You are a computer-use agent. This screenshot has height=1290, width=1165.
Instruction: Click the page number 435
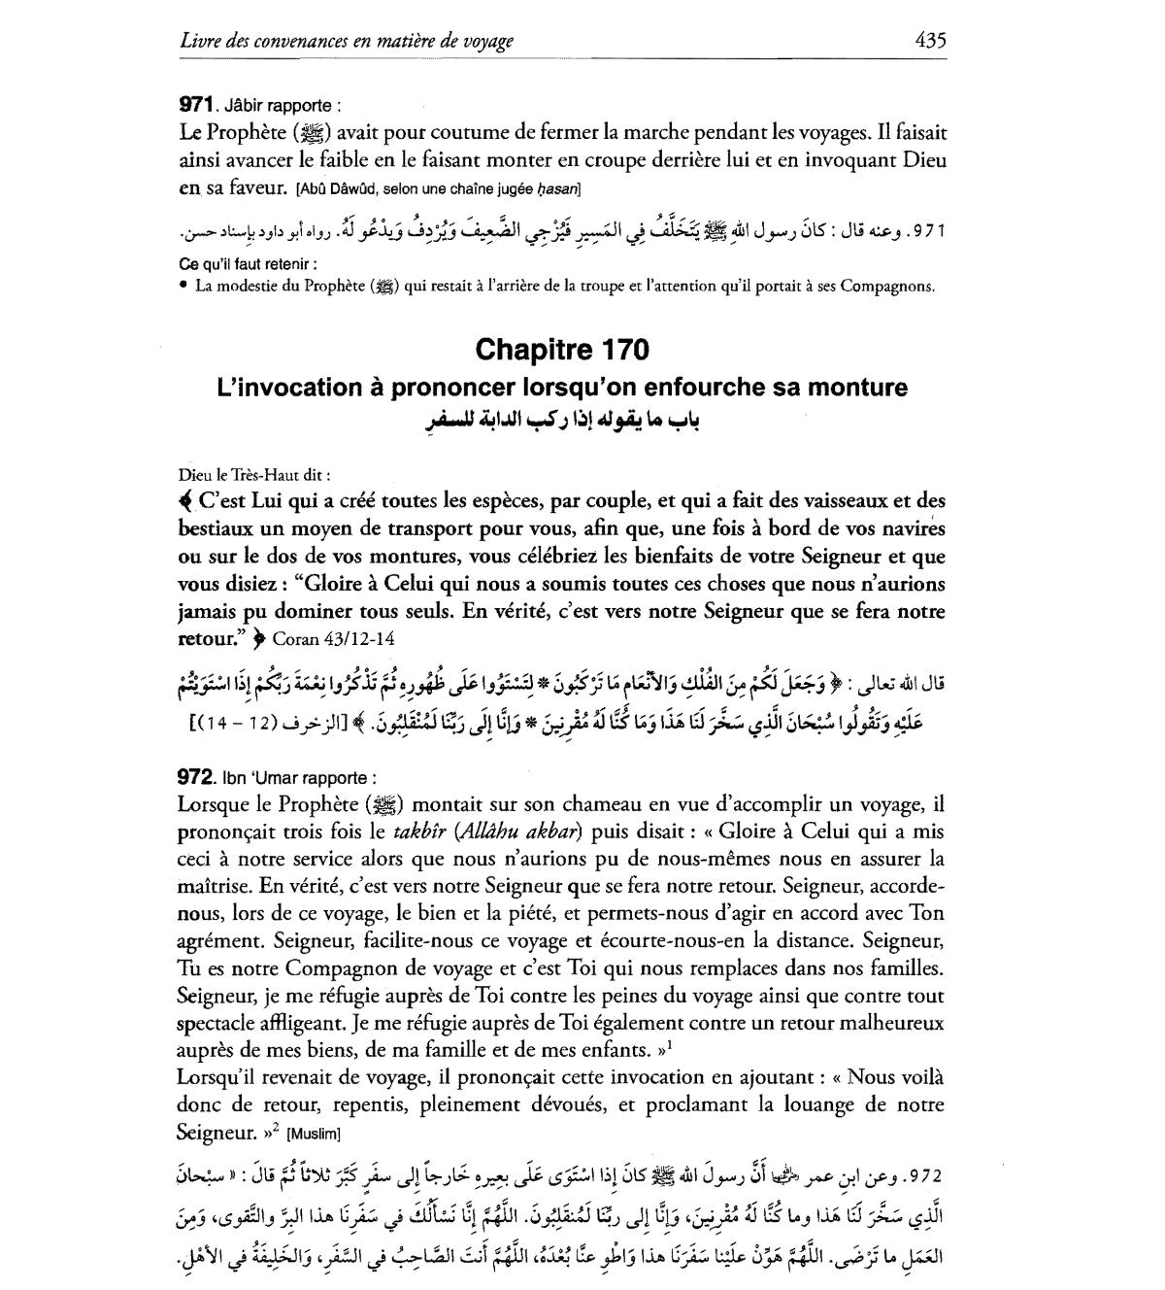click(x=929, y=40)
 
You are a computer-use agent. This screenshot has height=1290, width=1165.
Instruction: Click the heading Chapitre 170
click(x=562, y=350)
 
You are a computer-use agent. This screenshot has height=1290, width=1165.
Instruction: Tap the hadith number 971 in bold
click(x=197, y=105)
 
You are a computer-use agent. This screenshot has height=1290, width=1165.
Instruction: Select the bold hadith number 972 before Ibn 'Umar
click(x=197, y=777)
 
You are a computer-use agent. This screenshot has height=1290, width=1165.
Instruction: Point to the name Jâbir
click(x=250, y=105)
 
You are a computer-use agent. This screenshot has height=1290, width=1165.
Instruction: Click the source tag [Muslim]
click(x=314, y=1134)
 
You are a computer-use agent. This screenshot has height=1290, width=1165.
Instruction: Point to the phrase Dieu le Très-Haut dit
click(x=254, y=475)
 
